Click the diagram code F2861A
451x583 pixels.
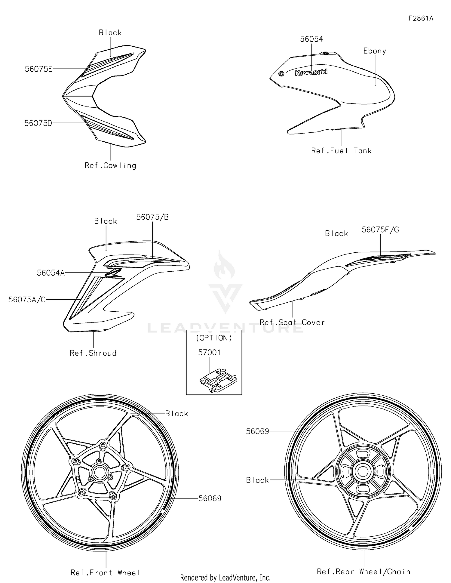421,18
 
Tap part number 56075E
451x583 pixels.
38,69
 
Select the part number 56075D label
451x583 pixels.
38,123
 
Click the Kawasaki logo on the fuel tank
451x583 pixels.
311,72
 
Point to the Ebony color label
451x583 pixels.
375,51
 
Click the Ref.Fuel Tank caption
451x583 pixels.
341,151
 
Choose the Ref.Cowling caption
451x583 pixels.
110,165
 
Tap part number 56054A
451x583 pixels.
51,273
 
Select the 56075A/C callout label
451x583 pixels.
27,300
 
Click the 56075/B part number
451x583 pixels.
152,217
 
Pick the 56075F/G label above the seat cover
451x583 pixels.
380,230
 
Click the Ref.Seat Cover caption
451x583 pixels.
292,322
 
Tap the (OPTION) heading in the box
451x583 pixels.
214,338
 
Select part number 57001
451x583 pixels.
209,353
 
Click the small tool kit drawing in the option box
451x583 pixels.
219,380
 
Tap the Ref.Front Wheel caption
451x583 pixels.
105,573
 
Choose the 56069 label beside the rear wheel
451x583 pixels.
257,431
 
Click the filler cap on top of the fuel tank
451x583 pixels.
325,53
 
